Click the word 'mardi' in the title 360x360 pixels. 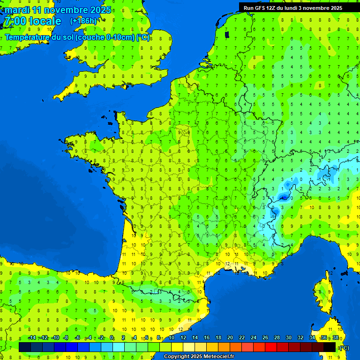17,10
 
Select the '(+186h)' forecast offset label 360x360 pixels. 83,21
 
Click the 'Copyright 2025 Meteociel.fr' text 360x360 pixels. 199,357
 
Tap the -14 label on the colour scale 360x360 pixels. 32,338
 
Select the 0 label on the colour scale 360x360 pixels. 112,338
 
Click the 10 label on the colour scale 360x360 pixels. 171,338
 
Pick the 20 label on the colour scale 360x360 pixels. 230,338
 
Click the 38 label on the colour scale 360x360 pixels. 335,338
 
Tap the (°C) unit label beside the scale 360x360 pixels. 344,348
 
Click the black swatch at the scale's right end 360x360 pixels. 330,347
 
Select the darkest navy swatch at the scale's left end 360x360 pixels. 25,347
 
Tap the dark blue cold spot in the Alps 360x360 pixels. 283,198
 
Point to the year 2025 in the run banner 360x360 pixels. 335,8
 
